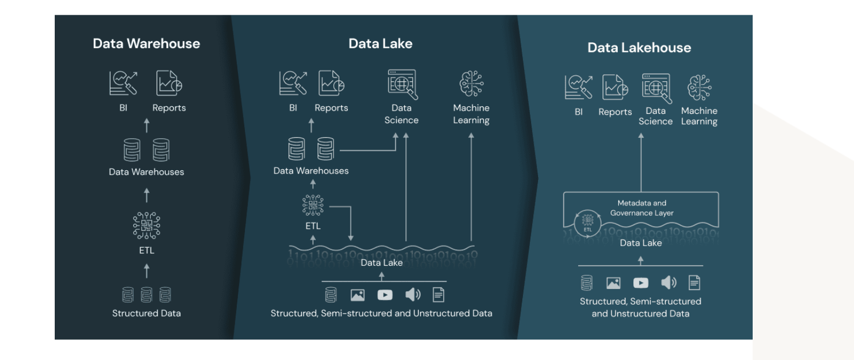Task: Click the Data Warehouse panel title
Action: click(x=146, y=43)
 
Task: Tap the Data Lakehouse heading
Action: click(x=639, y=48)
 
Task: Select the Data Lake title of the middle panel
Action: click(x=380, y=43)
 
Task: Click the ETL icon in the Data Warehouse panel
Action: click(x=146, y=225)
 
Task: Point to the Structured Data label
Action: click(x=146, y=313)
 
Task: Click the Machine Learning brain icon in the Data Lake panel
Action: click(x=471, y=84)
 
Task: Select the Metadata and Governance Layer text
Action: click(x=642, y=208)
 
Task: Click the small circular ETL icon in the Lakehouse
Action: click(x=587, y=221)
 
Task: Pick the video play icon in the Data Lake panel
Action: click(x=385, y=295)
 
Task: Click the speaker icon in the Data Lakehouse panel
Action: click(x=669, y=282)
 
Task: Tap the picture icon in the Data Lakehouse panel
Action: click(x=613, y=282)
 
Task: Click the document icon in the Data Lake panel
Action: click(x=438, y=294)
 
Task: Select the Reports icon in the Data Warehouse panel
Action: click(x=169, y=83)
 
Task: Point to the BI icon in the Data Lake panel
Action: click(x=293, y=83)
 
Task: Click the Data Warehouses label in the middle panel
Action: click(x=311, y=171)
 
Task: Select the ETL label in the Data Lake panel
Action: click(x=313, y=226)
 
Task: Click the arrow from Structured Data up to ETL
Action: click(x=146, y=271)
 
